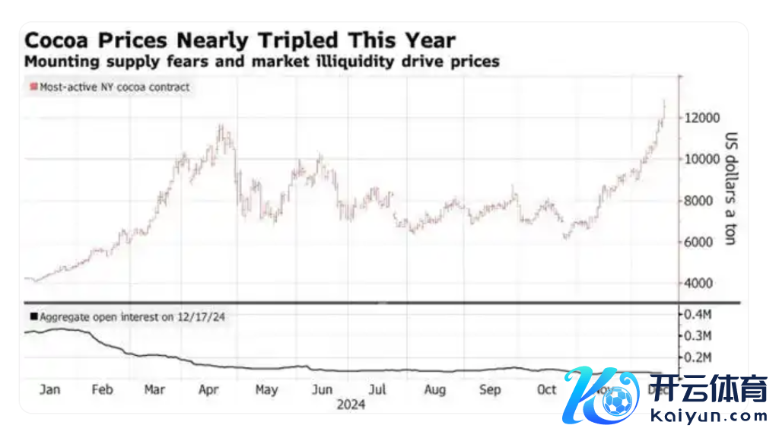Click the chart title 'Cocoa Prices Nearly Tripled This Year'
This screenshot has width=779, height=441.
[240, 40]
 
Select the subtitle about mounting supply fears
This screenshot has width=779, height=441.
[262, 61]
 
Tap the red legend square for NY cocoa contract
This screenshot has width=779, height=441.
[33, 87]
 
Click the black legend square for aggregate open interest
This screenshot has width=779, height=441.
[33, 316]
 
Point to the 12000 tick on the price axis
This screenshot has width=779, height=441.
[701, 118]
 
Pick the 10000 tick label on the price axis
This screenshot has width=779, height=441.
[701, 159]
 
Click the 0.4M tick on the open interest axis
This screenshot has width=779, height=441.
[698, 314]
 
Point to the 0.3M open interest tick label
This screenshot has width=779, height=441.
[698, 336]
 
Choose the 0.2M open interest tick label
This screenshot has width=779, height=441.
[698, 357]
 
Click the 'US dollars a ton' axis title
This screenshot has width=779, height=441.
[731, 189]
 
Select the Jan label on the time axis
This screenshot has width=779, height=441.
[49, 389]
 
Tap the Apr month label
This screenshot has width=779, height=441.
[208, 389]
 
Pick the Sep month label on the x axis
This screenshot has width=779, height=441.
[490, 389]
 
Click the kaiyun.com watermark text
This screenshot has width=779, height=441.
[709, 416]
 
